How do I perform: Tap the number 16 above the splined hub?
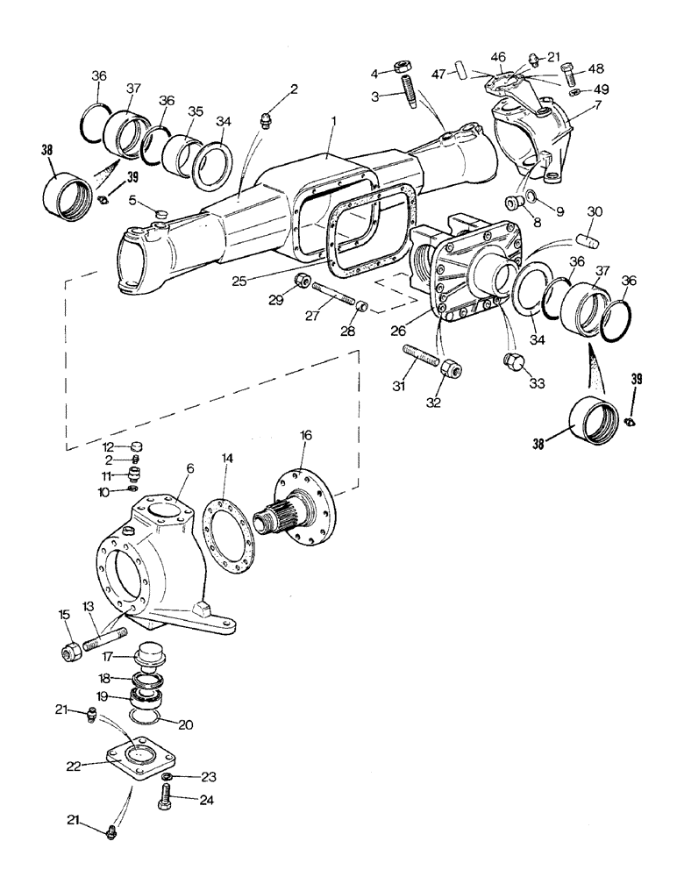(x=304, y=435)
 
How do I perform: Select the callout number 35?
(x=196, y=112)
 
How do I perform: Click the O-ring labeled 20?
(x=143, y=719)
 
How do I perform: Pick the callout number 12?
(x=109, y=447)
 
